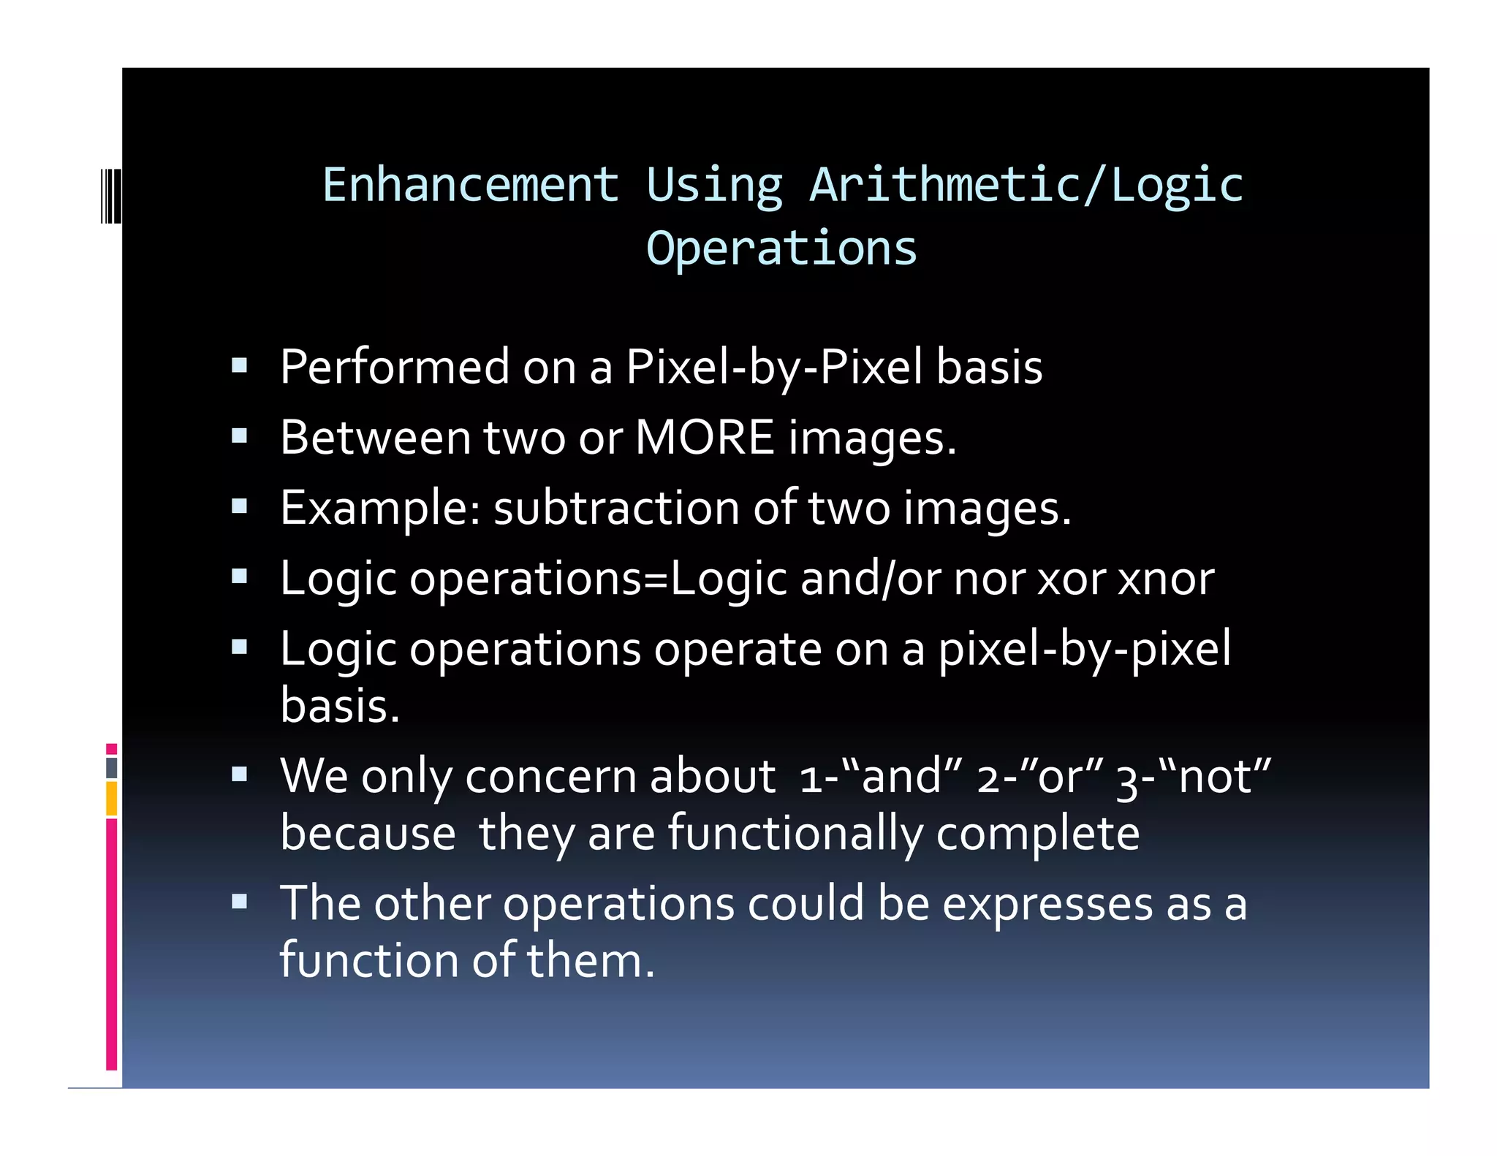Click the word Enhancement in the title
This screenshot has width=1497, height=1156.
(x=471, y=185)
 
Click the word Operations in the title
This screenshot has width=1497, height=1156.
(x=781, y=248)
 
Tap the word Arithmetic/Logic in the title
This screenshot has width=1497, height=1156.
(x=1026, y=185)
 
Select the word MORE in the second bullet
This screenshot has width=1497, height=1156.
(x=704, y=438)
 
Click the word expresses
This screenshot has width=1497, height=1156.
(x=1047, y=904)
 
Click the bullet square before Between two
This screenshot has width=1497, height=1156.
(x=239, y=436)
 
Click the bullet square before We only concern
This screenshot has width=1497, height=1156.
(x=239, y=774)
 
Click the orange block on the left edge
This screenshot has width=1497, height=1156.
(x=111, y=798)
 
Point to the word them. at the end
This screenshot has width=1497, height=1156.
(x=591, y=960)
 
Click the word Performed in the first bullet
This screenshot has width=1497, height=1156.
(x=395, y=367)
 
